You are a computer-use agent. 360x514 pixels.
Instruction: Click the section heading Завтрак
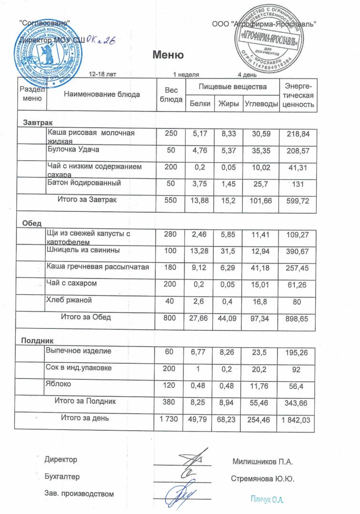pyautogui.click(x=34, y=123)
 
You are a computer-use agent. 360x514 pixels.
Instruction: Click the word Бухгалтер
pyautogui.click(x=62, y=477)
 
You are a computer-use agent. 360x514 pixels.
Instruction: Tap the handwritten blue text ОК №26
pyautogui.click(x=103, y=41)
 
